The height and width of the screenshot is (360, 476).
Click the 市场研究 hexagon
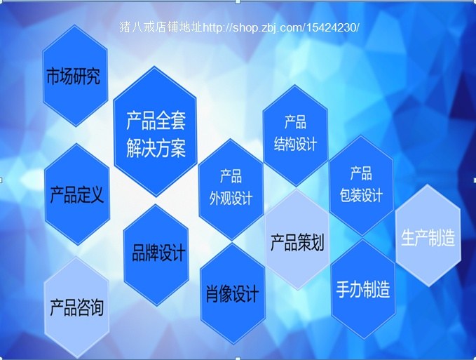click(x=74, y=76)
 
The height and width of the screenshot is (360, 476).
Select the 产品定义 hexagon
click(x=76, y=194)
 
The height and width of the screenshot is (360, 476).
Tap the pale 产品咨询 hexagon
click(x=76, y=307)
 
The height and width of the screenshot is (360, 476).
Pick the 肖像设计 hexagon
click(x=232, y=293)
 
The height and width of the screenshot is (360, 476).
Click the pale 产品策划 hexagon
click(x=297, y=243)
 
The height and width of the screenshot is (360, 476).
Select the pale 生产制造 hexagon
click(x=428, y=238)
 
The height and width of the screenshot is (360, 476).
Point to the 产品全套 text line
click(x=156, y=123)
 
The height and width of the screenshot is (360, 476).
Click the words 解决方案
click(x=156, y=148)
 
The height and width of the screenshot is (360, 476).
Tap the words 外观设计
click(x=231, y=198)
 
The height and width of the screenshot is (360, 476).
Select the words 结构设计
click(x=295, y=145)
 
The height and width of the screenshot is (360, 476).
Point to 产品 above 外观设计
click(x=231, y=175)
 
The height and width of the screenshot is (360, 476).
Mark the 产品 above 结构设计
click(x=295, y=122)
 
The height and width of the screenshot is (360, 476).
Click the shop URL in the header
click(x=280, y=27)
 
